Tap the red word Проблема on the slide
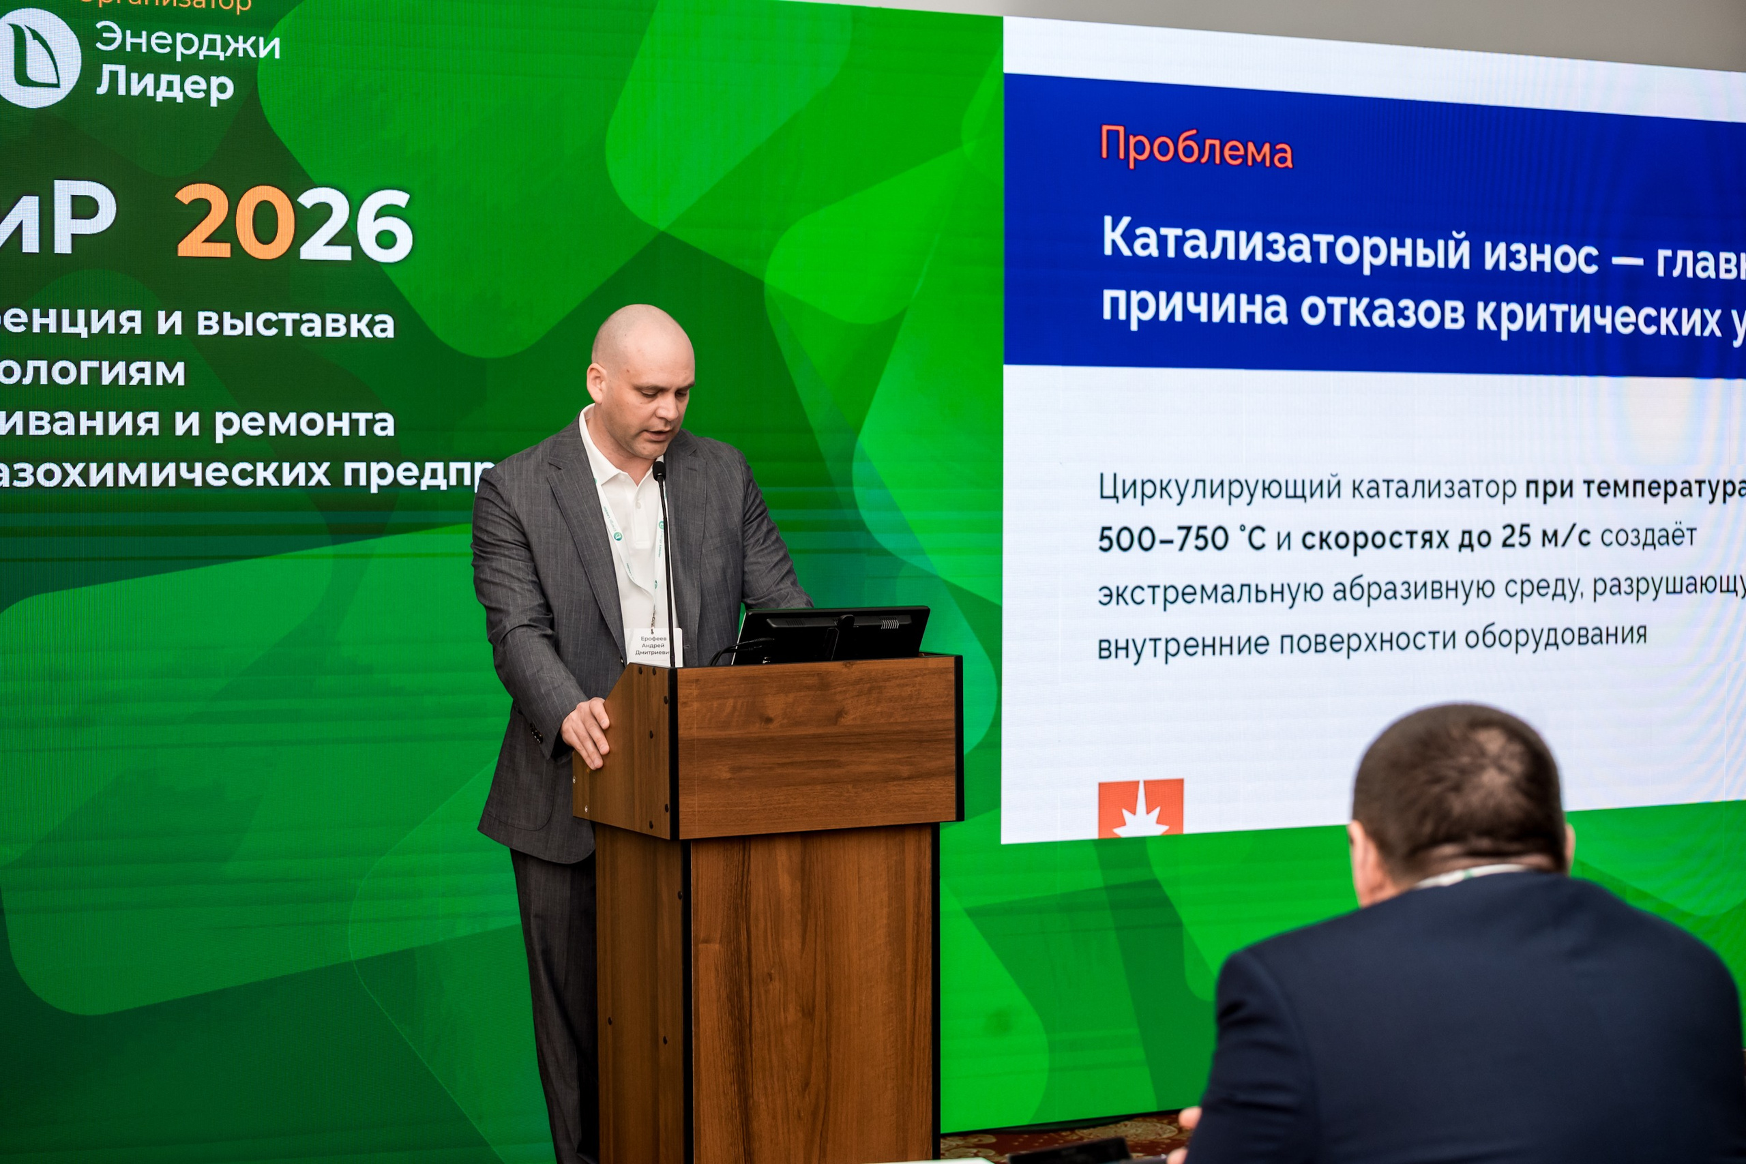1195,147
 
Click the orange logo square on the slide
1140,807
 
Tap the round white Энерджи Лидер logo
39,58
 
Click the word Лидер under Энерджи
165,83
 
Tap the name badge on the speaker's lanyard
654,645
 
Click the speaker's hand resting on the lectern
588,730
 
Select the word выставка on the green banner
295,324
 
